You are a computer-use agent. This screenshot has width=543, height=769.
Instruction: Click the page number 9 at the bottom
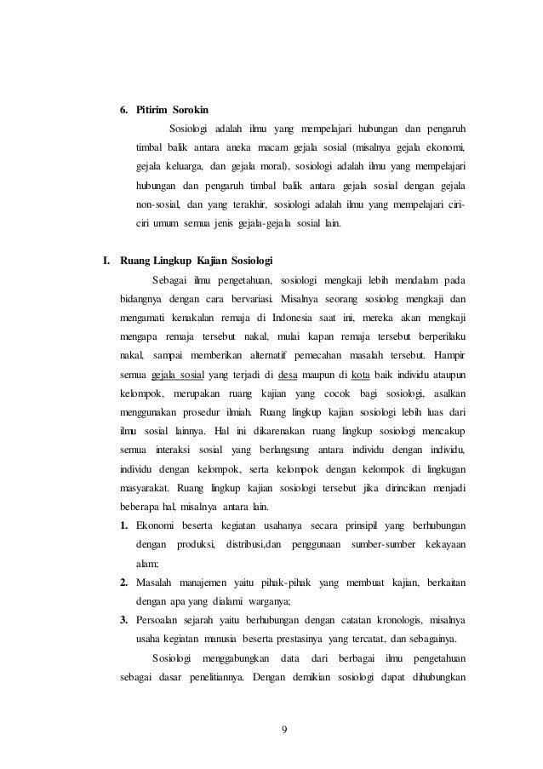tap(284, 730)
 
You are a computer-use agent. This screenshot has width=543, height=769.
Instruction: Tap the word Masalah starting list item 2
tap(160, 582)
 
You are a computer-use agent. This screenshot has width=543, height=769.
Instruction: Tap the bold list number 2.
tap(124, 582)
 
